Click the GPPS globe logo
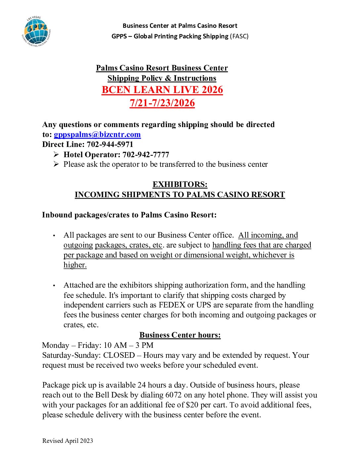[36, 31]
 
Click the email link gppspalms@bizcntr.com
[97, 135]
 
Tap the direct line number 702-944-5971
[110, 145]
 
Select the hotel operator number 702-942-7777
[146, 155]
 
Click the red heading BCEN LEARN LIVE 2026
[162, 90]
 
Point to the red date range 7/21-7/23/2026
[162, 103]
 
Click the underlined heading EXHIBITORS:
[180, 184]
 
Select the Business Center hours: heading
[180, 335]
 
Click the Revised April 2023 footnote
[67, 441]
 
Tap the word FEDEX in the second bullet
[172, 305]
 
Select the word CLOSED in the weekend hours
[119, 355]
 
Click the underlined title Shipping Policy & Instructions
[162, 78]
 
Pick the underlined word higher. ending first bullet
[75, 265]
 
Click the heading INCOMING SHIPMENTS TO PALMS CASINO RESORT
[180, 195]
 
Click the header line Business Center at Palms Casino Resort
[180, 25]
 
